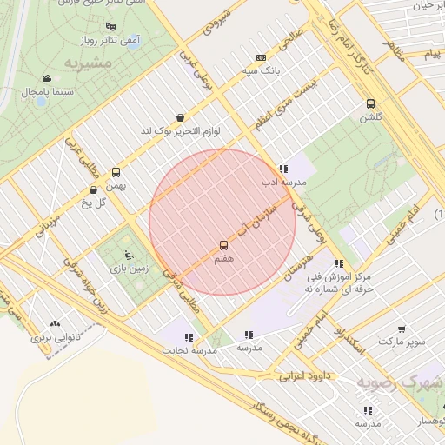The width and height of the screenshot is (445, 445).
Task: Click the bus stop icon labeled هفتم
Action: tap(223, 246)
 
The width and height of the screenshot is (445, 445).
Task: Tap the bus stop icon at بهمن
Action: tap(116, 171)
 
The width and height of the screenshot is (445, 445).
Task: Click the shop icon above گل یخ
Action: tap(94, 189)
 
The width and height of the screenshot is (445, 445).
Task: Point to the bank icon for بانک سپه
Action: tap(262, 56)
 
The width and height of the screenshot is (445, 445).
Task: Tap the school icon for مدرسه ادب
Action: tap(283, 169)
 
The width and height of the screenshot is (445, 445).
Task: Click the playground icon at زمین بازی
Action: tap(130, 255)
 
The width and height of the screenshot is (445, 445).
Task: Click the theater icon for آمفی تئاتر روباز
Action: tap(110, 27)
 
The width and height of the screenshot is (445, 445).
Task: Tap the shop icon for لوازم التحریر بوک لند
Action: tap(180, 117)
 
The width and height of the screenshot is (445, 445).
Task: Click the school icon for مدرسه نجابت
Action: tap(189, 336)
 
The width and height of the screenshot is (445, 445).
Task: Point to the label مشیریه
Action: tap(89, 64)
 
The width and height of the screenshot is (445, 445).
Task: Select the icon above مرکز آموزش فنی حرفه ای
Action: tap(339, 263)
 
